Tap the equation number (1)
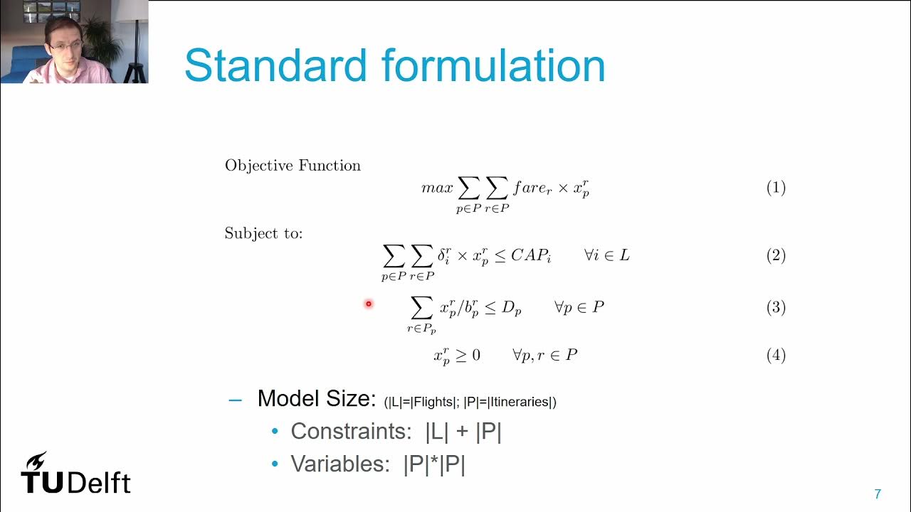(776, 188)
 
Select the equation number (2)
(776, 255)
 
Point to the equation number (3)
(776, 307)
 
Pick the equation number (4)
(776, 355)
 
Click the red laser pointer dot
(369, 304)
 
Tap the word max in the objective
(437, 188)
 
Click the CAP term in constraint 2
(530, 255)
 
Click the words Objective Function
(293, 166)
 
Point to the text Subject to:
(263, 233)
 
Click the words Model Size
(315, 399)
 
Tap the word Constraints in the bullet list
(347, 432)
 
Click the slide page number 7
(878, 494)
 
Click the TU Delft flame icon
(35, 461)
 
